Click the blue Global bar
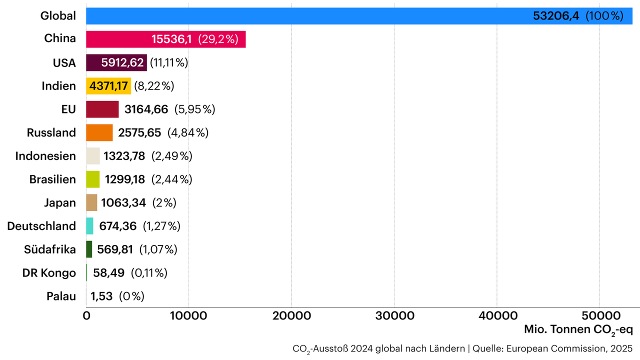pyautogui.click(x=300, y=16)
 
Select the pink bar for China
pyautogui.click(x=120, y=39)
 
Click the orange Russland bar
pyautogui.click(x=99, y=132)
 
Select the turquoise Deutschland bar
pyautogui.click(x=89, y=226)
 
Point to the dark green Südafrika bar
pyautogui.click(x=89, y=249)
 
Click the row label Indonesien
pyautogui.click(x=45, y=156)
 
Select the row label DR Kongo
pyautogui.click(x=49, y=273)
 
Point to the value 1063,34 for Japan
pyautogui.click(x=123, y=203)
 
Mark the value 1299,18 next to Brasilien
pyautogui.click(x=124, y=179)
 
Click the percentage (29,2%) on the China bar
pyautogui.click(x=218, y=39)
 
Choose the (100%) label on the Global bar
pyautogui.click(x=604, y=16)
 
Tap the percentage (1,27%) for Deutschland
pyautogui.click(x=161, y=226)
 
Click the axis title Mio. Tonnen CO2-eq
pyautogui.click(x=578, y=330)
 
